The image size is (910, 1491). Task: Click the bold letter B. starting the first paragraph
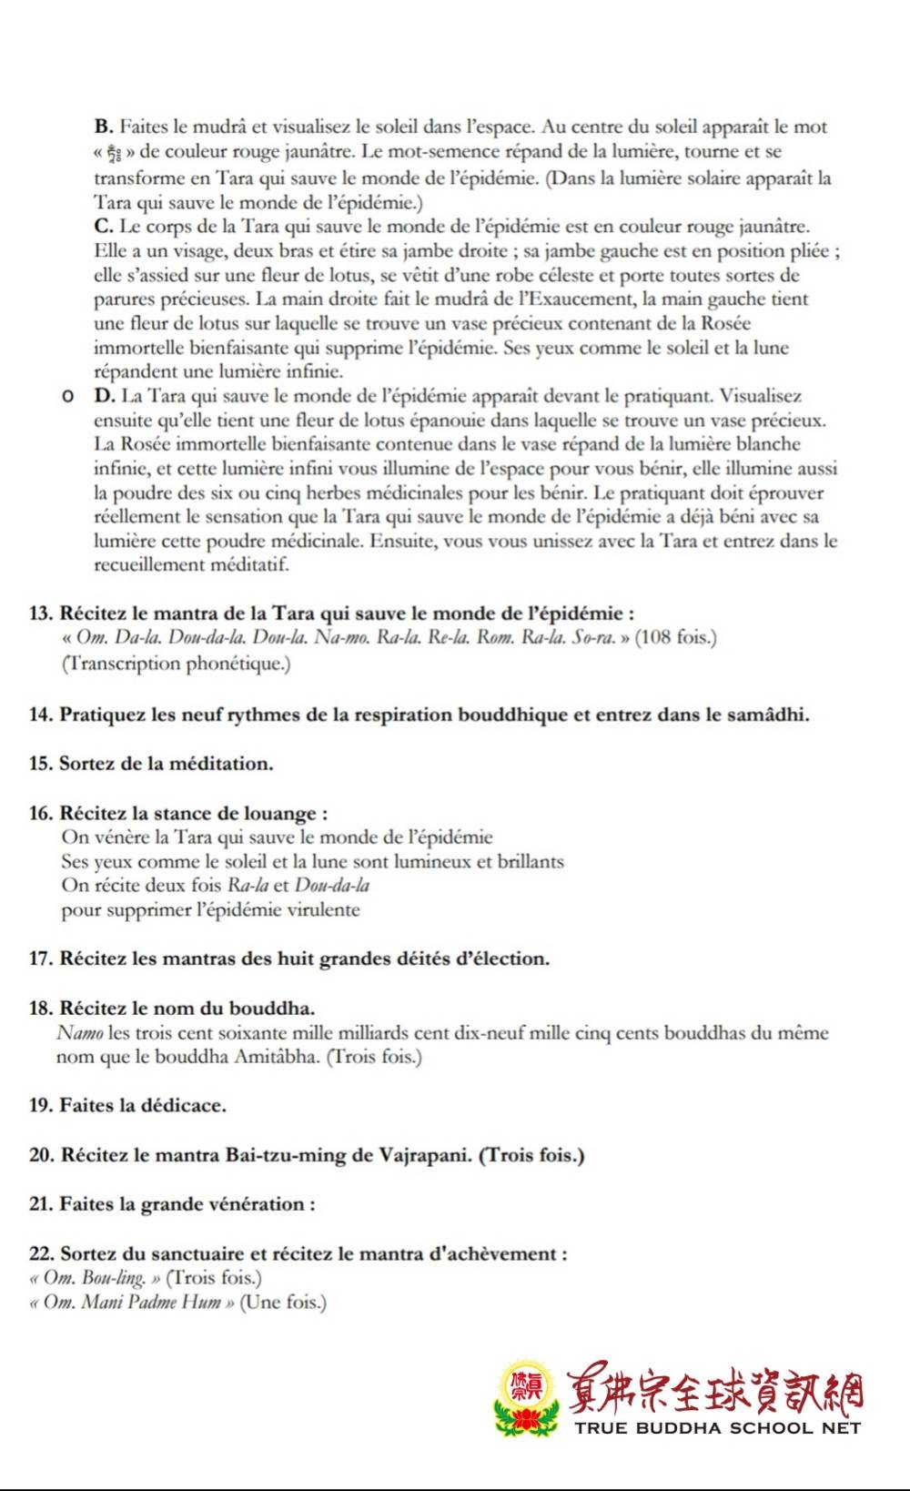pyautogui.click(x=103, y=127)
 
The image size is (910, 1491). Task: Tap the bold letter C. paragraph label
pyautogui.click(x=103, y=227)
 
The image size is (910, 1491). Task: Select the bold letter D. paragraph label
pyautogui.click(x=104, y=396)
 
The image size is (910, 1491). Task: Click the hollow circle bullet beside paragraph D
pyautogui.click(x=67, y=397)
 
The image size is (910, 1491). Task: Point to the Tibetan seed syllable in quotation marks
pyautogui.click(x=115, y=153)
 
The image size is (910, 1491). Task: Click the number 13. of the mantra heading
pyautogui.click(x=41, y=614)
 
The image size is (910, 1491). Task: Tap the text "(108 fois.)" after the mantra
pyautogui.click(x=675, y=637)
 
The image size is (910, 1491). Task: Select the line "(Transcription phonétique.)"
pyautogui.click(x=176, y=664)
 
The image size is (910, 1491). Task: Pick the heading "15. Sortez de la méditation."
pyautogui.click(x=151, y=764)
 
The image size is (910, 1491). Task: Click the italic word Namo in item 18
pyautogui.click(x=79, y=1033)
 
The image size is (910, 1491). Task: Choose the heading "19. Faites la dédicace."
pyautogui.click(x=127, y=1106)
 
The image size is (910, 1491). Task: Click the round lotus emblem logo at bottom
pyautogui.click(x=524, y=1399)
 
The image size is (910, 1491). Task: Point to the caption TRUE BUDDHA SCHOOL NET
pyautogui.click(x=717, y=1428)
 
